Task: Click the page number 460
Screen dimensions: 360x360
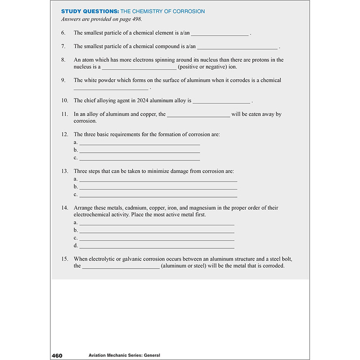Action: coord(57,355)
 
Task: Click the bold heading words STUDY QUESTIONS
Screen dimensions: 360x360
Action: coord(87,11)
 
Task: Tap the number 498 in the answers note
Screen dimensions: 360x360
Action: coord(142,19)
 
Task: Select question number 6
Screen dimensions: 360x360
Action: coord(63,33)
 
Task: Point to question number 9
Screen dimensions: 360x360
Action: coord(63,80)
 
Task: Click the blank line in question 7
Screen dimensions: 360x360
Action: coord(238,47)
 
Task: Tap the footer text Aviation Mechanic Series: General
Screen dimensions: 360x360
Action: coord(118,355)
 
